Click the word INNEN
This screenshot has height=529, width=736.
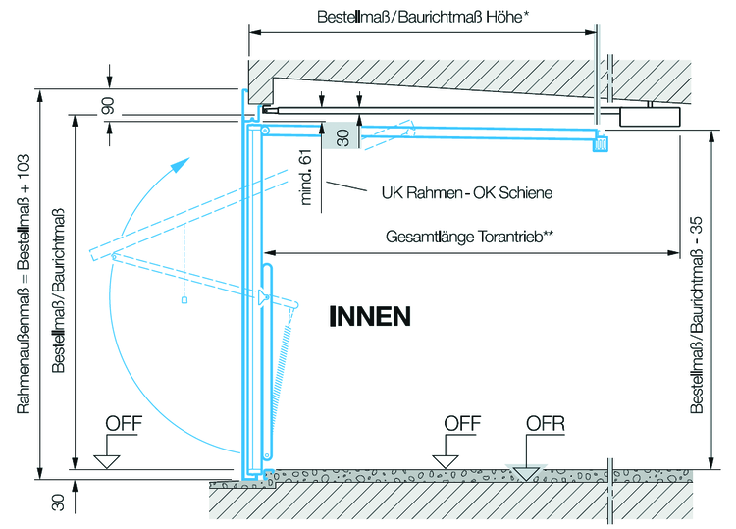tap(369, 316)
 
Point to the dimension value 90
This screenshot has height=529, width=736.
tap(109, 105)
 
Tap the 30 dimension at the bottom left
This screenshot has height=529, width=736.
tap(58, 501)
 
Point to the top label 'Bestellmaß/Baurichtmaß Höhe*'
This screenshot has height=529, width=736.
tap(423, 17)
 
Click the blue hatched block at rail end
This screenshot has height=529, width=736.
tap(600, 143)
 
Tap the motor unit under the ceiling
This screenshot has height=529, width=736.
tap(651, 114)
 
